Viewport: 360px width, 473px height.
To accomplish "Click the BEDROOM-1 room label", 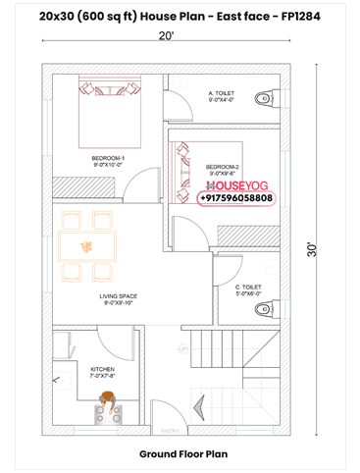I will (x=107, y=158).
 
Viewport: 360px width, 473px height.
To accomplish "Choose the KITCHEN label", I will (x=103, y=369).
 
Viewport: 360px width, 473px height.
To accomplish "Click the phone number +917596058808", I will (x=236, y=197).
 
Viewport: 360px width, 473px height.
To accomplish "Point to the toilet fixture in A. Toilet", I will (x=263, y=98).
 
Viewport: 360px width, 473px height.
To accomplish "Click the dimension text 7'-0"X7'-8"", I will (x=103, y=377).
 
